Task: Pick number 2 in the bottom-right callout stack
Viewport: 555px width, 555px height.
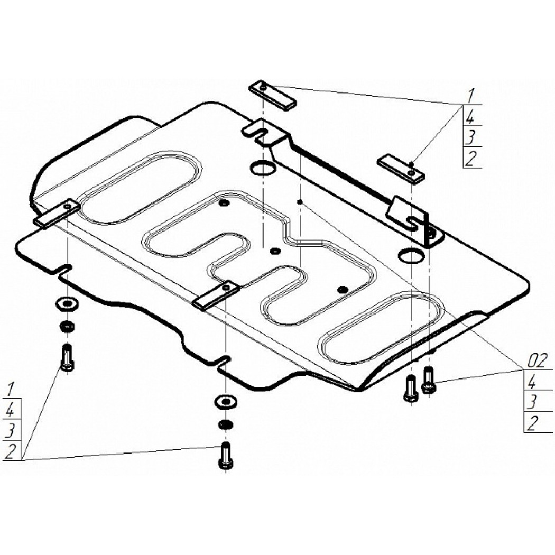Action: coord(532,423)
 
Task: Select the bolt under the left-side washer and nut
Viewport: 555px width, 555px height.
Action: coord(67,357)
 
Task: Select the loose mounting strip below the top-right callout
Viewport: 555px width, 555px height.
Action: coord(401,169)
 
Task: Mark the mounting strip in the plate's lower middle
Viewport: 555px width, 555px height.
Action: coord(216,295)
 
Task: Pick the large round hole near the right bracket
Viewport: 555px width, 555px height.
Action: coord(411,256)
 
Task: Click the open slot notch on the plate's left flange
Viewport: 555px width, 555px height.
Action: coord(64,269)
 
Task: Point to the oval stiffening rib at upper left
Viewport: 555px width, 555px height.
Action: coord(141,188)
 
